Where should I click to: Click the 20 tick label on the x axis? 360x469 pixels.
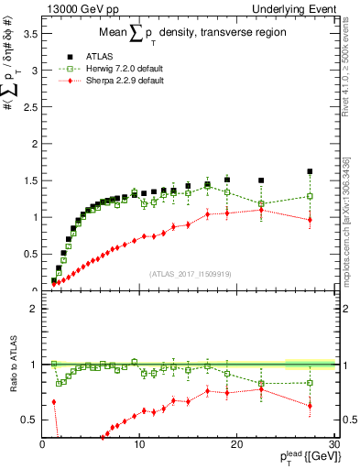click(x=236, y=444)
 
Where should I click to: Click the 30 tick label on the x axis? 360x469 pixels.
click(x=333, y=444)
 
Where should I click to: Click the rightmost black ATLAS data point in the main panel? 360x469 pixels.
click(x=310, y=171)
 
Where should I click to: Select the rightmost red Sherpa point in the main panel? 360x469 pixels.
click(x=310, y=220)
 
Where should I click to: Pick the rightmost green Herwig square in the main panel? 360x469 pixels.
click(x=310, y=196)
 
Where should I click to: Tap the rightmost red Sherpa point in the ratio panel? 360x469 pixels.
click(x=310, y=406)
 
